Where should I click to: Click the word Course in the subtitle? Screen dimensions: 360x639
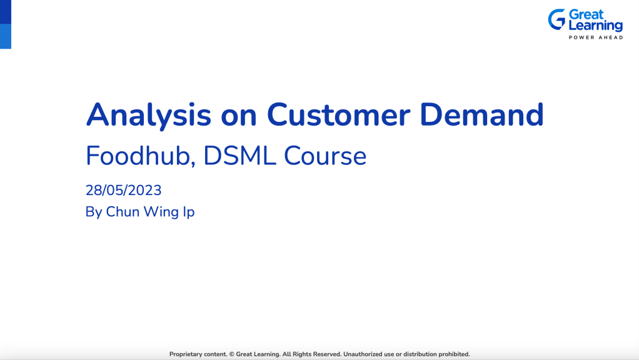point(326,156)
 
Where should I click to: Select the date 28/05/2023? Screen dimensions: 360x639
point(123,190)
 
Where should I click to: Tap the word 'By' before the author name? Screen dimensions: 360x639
point(94,212)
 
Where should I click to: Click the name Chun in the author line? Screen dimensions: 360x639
point(123,212)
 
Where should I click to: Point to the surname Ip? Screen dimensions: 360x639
point(188,212)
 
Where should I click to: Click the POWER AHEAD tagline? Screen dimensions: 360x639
point(595,37)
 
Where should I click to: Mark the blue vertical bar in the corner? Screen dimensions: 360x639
point(5,24)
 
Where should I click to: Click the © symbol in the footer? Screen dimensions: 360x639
point(232,354)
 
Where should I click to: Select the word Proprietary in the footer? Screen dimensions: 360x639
point(189,354)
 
